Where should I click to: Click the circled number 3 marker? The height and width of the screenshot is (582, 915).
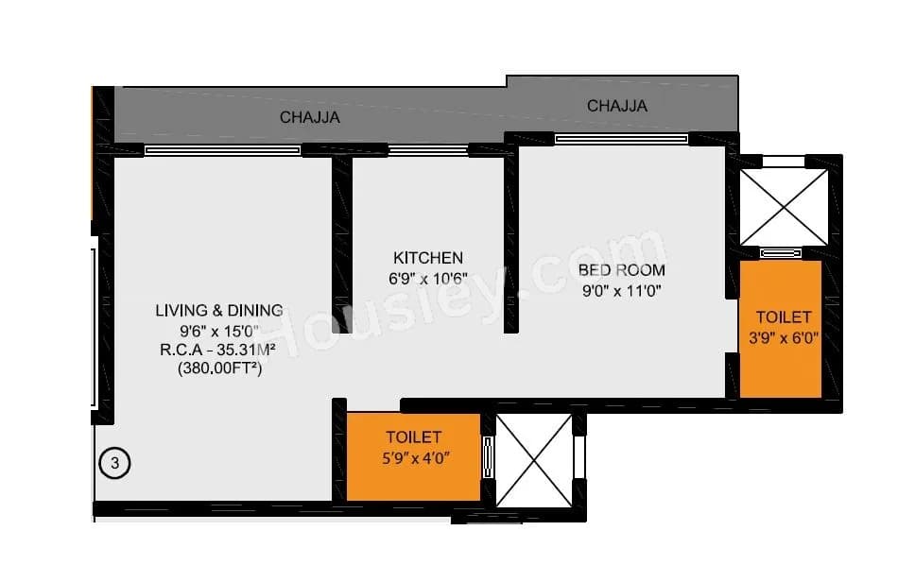(x=114, y=463)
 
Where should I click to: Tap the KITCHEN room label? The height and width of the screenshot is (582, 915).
(x=428, y=258)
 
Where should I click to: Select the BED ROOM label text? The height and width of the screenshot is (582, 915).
(x=621, y=270)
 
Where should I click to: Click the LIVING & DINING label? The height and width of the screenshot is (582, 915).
(x=219, y=310)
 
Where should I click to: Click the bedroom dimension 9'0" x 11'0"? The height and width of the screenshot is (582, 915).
(x=621, y=291)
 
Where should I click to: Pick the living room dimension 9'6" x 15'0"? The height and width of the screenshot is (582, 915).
(x=219, y=331)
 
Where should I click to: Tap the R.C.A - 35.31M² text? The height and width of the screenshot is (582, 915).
(x=219, y=351)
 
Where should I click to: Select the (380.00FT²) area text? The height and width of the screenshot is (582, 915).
(x=219, y=370)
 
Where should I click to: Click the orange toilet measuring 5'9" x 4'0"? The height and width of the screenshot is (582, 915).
(x=413, y=457)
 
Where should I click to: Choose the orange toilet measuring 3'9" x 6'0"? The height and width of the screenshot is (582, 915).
(x=780, y=328)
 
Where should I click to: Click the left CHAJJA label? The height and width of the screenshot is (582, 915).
(x=309, y=118)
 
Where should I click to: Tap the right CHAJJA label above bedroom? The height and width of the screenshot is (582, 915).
(x=616, y=106)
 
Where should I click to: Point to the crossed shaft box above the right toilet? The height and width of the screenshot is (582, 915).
(x=784, y=207)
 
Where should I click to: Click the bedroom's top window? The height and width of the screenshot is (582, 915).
(x=621, y=139)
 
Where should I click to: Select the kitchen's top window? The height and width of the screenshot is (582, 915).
(x=428, y=149)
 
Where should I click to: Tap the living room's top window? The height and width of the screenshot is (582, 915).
(x=222, y=149)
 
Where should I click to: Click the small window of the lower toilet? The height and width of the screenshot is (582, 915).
(x=488, y=458)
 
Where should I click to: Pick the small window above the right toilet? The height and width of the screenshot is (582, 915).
(x=781, y=252)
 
